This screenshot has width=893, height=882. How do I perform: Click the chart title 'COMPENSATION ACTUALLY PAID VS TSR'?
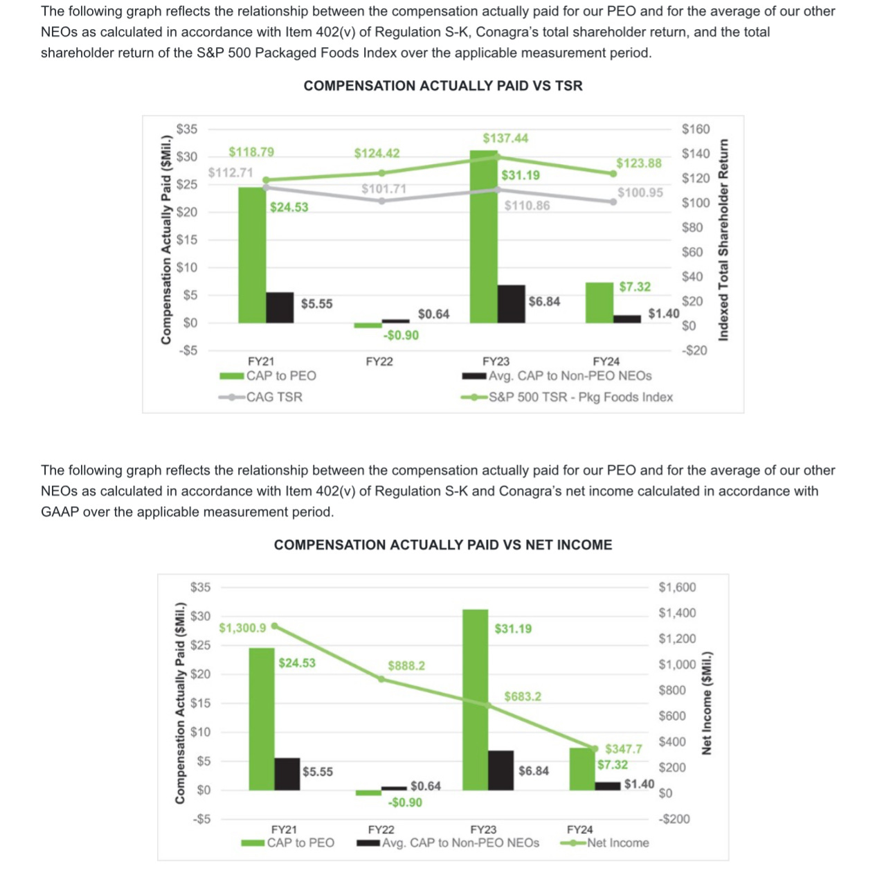click(443, 86)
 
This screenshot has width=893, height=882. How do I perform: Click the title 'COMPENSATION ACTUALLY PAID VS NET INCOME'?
click(443, 545)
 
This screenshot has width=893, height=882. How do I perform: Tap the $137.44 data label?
click(505, 138)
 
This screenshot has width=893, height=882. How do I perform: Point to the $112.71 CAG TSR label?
click(231, 172)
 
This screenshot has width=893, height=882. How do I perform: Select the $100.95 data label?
click(640, 192)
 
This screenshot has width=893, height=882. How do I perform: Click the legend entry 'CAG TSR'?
click(274, 397)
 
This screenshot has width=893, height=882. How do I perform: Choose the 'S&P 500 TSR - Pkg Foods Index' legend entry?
click(580, 397)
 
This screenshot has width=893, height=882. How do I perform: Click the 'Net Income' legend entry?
click(617, 843)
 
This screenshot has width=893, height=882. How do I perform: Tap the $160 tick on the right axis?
click(696, 129)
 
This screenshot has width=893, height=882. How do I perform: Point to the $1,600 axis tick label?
click(677, 587)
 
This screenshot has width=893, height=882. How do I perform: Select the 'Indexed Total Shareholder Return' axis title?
click(723, 240)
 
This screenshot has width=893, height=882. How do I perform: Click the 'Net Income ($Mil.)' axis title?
click(707, 703)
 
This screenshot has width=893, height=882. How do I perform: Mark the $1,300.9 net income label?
click(242, 628)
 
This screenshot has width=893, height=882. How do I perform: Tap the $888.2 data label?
click(406, 665)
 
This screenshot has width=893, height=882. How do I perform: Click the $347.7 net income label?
click(623, 749)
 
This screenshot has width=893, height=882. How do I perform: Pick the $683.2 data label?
click(523, 696)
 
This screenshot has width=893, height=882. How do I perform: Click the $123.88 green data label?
click(638, 163)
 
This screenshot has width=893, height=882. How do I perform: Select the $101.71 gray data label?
click(384, 189)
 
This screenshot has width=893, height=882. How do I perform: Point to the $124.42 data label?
click(377, 153)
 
